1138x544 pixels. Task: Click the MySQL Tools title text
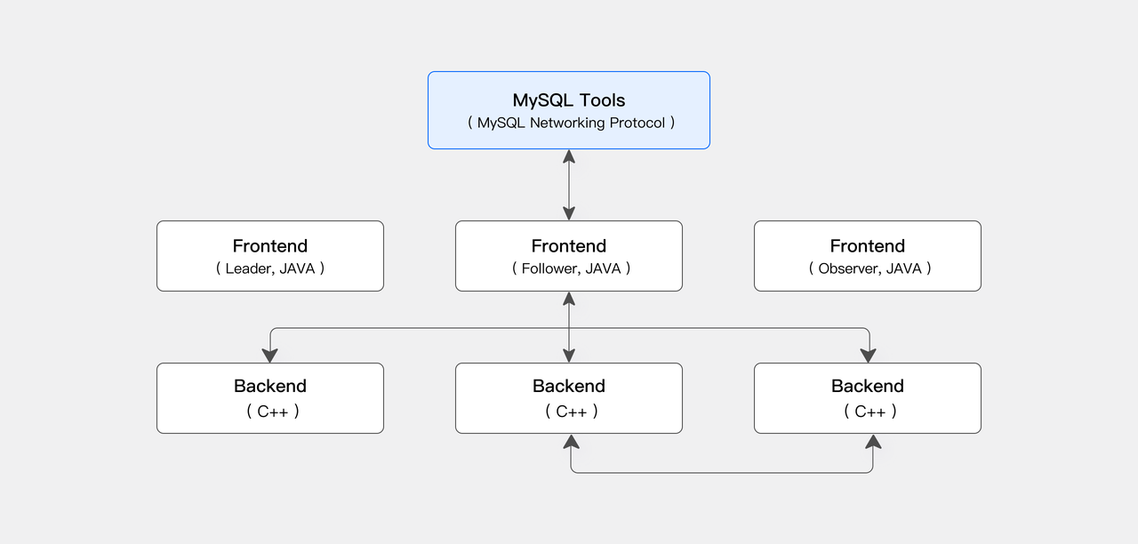(569, 100)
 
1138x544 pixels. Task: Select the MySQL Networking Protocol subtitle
(571, 123)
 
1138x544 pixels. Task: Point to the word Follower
(549, 268)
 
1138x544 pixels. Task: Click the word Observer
(849, 268)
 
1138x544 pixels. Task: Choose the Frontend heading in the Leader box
(270, 246)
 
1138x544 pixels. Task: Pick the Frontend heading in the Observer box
(868, 246)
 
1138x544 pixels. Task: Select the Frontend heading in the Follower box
(569, 246)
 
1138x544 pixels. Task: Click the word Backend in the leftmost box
(270, 386)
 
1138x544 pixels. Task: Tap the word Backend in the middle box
(569, 386)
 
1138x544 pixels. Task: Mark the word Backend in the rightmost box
(868, 386)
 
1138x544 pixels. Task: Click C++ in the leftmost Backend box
(272, 412)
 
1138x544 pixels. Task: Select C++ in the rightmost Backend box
(870, 412)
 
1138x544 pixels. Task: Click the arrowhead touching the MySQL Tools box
(569, 156)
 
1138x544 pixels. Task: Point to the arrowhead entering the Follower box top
(569, 213)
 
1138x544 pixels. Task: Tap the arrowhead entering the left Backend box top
(270, 356)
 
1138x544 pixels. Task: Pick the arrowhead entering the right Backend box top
(869, 356)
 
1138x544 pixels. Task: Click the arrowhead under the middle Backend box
(571, 441)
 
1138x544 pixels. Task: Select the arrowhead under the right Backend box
(873, 441)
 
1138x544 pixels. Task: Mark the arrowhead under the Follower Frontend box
(569, 299)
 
